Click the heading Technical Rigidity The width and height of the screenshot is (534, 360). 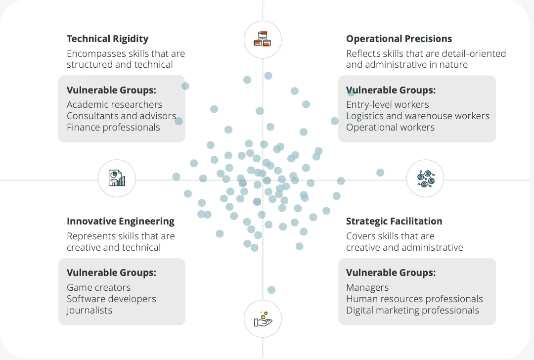[107, 39]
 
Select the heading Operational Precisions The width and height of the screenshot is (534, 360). [399, 39]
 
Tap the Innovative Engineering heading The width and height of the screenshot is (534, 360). [121, 221]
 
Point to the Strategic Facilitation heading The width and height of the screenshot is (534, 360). [394, 221]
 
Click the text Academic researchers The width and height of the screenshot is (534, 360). [114, 104]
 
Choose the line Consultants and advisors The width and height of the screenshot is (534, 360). [121, 116]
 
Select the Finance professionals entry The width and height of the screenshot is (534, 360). [113, 127]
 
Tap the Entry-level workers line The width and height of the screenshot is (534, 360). [387, 104]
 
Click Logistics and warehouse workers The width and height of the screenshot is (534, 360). [417, 116]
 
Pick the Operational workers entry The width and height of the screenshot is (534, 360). [390, 127]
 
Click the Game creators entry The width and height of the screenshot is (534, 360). [98, 287]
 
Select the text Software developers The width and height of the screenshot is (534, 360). [111, 299]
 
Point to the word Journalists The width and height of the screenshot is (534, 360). [89, 310]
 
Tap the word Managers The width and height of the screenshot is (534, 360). [367, 287]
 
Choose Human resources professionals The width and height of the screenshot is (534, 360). [414, 299]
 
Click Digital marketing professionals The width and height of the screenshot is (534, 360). [412, 310]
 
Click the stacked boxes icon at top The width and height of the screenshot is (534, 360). [263, 39]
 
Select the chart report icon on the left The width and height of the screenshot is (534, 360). [117, 178]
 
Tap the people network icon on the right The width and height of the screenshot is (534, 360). [425, 178]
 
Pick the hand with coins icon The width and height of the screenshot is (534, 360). [263, 319]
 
